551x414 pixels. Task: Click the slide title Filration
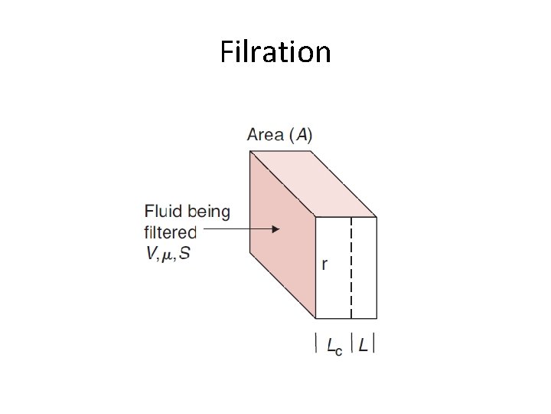pos(275,52)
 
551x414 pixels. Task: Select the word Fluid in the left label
pos(161,212)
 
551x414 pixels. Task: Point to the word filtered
pos(170,232)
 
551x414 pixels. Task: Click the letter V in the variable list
pos(150,254)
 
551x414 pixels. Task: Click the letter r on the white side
pos(324,265)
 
